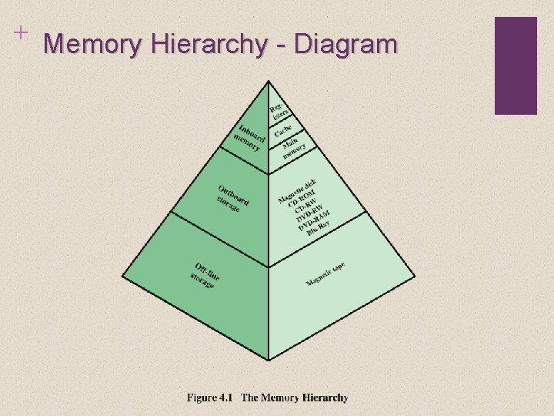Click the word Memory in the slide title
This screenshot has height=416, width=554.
click(93, 45)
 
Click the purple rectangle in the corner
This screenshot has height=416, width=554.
click(515, 65)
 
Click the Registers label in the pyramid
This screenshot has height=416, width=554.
click(278, 110)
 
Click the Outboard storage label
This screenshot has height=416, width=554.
click(232, 197)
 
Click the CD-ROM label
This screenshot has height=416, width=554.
click(302, 198)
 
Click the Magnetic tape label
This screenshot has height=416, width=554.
click(325, 273)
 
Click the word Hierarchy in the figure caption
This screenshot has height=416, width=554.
click(325, 398)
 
